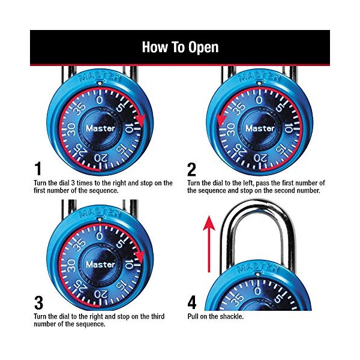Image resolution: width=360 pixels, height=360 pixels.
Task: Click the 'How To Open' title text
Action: click(x=180, y=47)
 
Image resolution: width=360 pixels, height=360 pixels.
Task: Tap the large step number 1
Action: click(x=38, y=169)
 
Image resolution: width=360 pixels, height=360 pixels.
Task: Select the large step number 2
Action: click(x=192, y=169)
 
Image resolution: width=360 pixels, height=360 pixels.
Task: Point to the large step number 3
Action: click(x=39, y=303)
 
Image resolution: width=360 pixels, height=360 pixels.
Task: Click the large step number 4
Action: click(x=192, y=302)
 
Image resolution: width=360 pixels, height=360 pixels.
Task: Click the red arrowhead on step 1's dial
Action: click(x=140, y=120)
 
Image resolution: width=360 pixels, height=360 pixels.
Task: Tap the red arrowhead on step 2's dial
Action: click(x=221, y=121)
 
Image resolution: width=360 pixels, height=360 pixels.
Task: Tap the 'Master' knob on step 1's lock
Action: click(x=100, y=128)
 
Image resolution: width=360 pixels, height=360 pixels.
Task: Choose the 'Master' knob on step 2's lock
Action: click(x=260, y=128)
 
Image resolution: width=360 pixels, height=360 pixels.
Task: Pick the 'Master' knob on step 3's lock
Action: click(x=100, y=265)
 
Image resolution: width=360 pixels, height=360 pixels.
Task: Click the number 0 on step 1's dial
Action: click(x=99, y=100)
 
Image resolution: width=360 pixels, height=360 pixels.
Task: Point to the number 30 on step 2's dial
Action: click(x=230, y=129)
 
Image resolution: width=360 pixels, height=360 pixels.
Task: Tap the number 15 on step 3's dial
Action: click(x=122, y=286)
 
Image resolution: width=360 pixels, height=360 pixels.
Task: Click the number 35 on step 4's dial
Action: click(x=237, y=298)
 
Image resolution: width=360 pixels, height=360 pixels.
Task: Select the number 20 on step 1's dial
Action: click(x=101, y=158)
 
